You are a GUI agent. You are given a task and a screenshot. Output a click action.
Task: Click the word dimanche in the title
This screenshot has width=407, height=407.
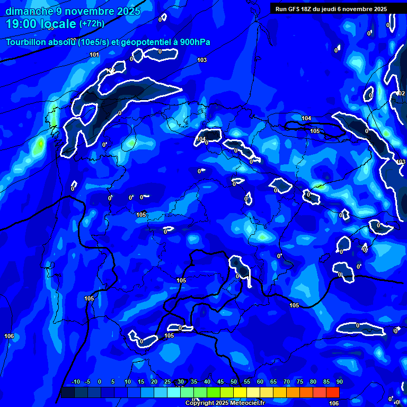pyautogui.click(x=29, y=11)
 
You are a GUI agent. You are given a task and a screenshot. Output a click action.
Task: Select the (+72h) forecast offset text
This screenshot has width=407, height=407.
pyautogui.click(x=92, y=24)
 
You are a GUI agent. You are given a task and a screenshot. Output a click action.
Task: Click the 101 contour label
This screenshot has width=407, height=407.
pyautogui.click(x=94, y=55)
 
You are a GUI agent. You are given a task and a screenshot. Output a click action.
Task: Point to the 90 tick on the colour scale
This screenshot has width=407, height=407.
pyautogui.click(x=339, y=382)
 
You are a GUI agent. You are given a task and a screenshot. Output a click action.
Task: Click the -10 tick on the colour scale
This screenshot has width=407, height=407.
pyautogui.click(x=75, y=382)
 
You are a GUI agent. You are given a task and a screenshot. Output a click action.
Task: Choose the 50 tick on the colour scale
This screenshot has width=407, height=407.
pyautogui.click(x=233, y=382)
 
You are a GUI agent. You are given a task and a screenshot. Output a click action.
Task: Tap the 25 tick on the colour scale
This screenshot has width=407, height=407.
pyautogui.click(x=167, y=382)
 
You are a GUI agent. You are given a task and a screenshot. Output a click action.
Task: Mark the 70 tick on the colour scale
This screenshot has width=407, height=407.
pyautogui.click(x=287, y=382)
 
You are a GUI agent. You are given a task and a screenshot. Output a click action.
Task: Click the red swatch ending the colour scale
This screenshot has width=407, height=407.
pyautogui.click(x=333, y=392)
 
